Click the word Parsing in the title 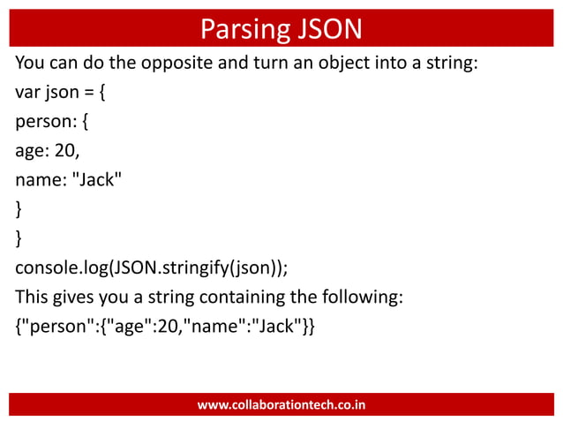tap(236, 30)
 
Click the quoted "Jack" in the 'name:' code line tap(96, 180)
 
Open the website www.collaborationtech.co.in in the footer tap(281, 405)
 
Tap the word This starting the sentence tap(32, 296)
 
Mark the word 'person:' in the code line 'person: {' tap(45, 123)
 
